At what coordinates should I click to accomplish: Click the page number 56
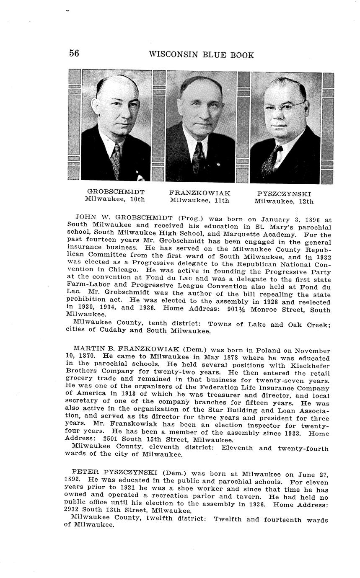[x=74, y=53]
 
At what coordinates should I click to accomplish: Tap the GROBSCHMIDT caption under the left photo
[x=116, y=192]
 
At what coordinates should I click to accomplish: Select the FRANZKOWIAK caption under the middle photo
[x=199, y=193]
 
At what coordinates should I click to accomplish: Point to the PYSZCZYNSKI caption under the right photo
[x=284, y=194]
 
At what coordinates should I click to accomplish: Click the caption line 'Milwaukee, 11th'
[x=199, y=200]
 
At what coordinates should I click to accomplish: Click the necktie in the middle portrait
[x=198, y=158]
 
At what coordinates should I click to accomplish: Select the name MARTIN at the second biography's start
[x=87, y=349]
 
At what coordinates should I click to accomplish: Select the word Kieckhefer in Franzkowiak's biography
[x=308, y=366]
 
